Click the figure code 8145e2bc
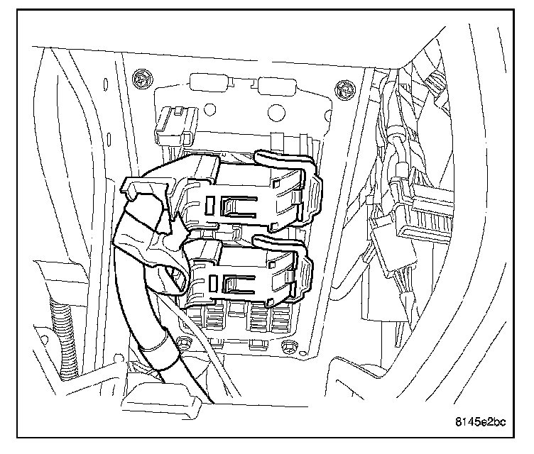coord(480,424)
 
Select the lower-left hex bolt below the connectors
coord(184,343)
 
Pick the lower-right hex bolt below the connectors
coord(288,345)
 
